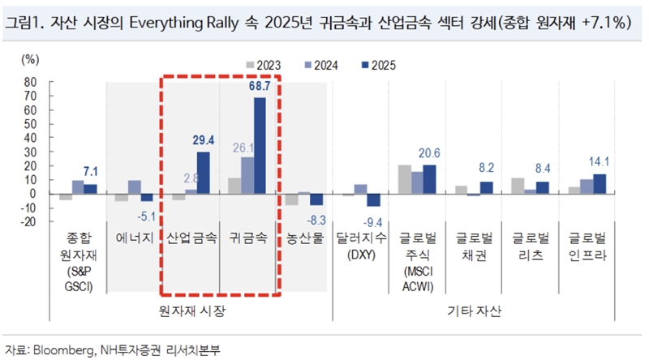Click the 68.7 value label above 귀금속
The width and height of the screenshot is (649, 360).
(259, 85)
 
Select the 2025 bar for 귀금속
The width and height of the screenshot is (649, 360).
(260, 146)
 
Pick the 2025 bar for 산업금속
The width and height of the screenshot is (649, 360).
(203, 173)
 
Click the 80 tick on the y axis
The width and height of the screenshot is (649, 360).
(32, 82)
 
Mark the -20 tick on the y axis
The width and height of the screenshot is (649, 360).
(29, 221)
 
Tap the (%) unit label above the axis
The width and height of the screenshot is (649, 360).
(30, 58)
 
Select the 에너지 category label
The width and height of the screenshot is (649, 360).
(135, 239)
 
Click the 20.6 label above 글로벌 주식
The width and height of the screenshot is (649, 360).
(430, 153)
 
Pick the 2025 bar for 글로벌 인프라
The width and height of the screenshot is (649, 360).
(600, 184)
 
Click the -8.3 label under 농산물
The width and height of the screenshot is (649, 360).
(317, 219)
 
